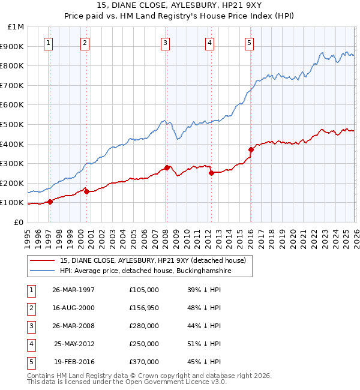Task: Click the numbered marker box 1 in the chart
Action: (48, 43)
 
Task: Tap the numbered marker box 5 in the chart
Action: (249, 43)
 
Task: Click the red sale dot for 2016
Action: (251, 150)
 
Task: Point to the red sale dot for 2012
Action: (211, 173)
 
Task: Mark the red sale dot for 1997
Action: (50, 202)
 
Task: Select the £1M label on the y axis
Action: (16, 27)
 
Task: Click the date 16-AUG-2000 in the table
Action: (73, 308)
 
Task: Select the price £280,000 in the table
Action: (143, 326)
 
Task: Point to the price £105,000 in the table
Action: (143, 290)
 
